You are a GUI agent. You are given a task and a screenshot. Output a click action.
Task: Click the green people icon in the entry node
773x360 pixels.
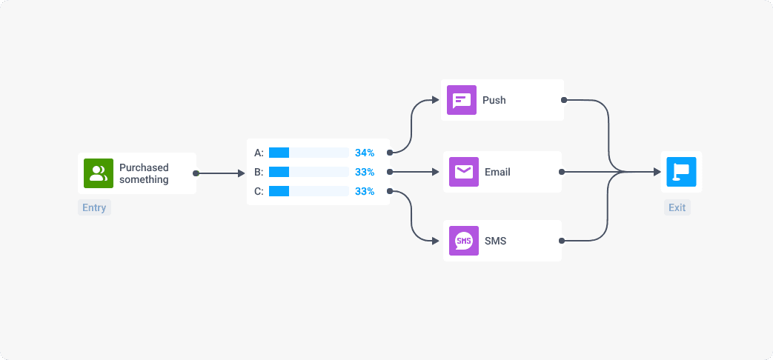click(x=98, y=173)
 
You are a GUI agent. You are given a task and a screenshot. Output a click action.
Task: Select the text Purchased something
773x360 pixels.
click(x=144, y=173)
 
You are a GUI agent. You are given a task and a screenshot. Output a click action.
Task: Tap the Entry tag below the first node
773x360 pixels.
click(x=94, y=207)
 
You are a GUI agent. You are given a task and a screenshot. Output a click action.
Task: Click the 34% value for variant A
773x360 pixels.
click(x=365, y=153)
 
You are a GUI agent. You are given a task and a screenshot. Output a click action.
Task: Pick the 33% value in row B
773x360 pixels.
click(x=365, y=172)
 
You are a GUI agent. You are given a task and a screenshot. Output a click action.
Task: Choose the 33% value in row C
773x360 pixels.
click(x=365, y=191)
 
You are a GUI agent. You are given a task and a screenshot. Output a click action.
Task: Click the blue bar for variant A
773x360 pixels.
click(x=279, y=153)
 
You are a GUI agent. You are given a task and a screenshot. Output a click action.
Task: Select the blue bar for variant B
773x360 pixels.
click(x=279, y=172)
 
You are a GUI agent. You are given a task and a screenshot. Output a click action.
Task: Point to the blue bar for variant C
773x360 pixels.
click(x=279, y=191)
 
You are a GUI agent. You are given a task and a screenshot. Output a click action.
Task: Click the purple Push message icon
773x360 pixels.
click(x=462, y=100)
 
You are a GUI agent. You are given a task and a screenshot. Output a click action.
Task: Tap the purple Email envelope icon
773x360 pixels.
click(x=464, y=172)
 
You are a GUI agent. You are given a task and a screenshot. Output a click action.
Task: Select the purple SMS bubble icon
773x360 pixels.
click(x=464, y=241)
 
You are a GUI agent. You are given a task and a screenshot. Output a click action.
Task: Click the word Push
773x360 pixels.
click(x=494, y=100)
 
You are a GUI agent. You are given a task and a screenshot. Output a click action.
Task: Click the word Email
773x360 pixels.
click(x=497, y=172)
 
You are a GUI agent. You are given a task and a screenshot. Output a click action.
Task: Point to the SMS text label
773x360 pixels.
click(x=496, y=241)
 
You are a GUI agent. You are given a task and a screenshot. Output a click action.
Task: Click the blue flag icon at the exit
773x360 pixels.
click(x=681, y=172)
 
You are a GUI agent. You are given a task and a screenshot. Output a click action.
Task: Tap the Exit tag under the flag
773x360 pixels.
click(x=677, y=207)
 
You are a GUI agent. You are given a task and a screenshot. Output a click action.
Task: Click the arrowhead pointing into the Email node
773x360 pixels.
click(x=437, y=172)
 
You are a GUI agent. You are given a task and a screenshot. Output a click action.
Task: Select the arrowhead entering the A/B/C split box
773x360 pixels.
click(x=241, y=173)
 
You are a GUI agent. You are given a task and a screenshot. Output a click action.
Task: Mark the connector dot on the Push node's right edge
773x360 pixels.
click(x=564, y=100)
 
